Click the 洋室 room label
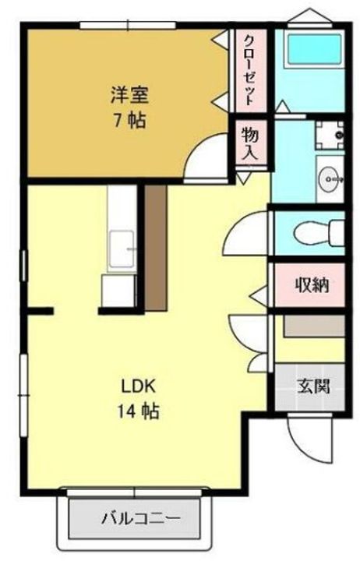coord(129,95)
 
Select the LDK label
coord(138,386)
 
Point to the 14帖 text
coord(138,411)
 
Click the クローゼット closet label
coord(251,69)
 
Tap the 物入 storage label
coord(250,143)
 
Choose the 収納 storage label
coord(312,285)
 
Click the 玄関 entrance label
coord(313,386)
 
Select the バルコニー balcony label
coord(140,517)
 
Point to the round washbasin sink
coord(331,178)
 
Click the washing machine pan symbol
coord(330,135)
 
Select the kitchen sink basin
coord(122,249)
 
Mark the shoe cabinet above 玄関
coord(314,326)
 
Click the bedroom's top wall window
coord(128,26)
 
